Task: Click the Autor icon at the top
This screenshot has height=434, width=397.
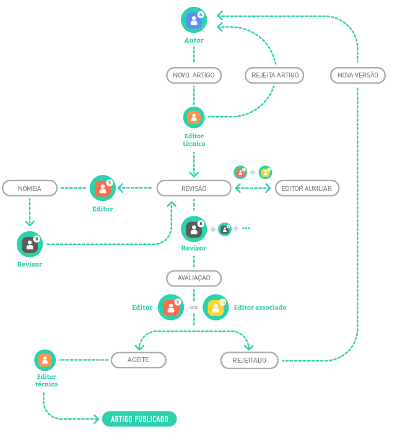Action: (x=194, y=20)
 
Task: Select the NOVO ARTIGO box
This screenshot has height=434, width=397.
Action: (x=194, y=75)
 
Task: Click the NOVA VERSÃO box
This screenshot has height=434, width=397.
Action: (x=358, y=75)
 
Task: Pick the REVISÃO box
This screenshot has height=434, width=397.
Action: (x=194, y=188)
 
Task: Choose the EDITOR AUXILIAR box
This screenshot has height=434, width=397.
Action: (x=307, y=188)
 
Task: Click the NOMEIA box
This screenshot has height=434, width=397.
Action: (x=30, y=188)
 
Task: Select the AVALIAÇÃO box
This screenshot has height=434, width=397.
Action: (x=194, y=278)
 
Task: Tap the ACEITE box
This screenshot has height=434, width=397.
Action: (x=138, y=360)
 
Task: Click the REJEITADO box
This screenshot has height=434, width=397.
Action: (x=250, y=360)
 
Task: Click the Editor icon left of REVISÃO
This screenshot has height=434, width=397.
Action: (x=102, y=188)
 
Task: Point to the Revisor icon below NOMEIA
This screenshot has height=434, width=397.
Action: (x=30, y=244)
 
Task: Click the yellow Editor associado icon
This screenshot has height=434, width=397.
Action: (x=216, y=307)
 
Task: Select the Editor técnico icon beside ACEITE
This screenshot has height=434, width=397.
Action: (x=45, y=360)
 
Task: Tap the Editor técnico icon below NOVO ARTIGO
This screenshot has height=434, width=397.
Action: (x=194, y=117)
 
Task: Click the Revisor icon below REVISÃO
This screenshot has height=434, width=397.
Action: (x=194, y=229)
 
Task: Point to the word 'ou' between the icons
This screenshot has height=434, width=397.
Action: (x=194, y=308)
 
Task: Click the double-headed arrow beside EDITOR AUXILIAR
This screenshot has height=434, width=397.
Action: (x=253, y=188)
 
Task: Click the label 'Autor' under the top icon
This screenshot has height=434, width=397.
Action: (x=194, y=40)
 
